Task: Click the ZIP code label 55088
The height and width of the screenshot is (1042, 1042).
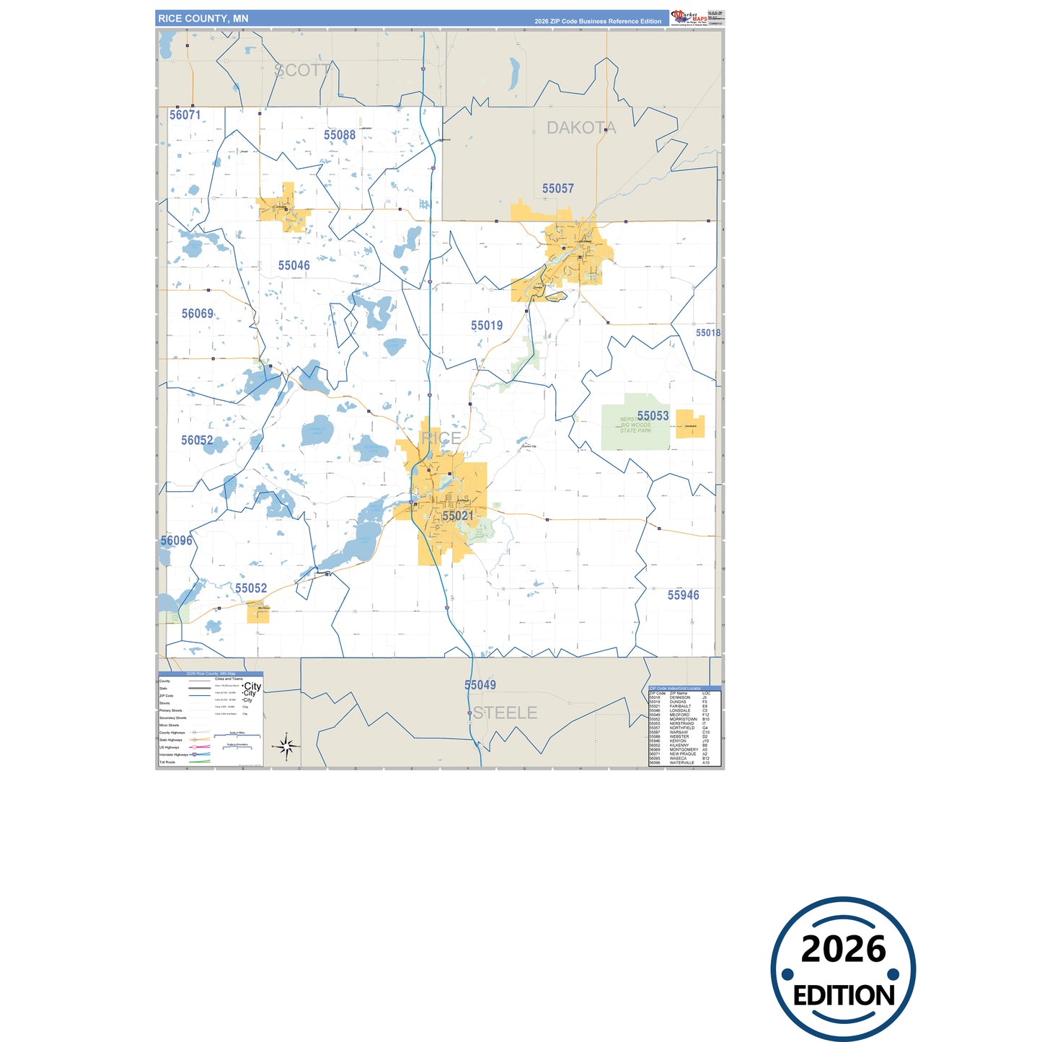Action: coord(339,135)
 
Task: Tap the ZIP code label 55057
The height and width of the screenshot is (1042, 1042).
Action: coord(557,188)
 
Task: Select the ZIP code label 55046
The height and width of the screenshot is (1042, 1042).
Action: coord(293,265)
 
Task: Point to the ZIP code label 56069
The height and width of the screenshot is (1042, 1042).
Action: coord(197,314)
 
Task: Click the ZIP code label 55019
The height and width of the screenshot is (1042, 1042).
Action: coord(486,325)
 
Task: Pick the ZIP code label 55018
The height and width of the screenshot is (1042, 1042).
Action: coord(707,332)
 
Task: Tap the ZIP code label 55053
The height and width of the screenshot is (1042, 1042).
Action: coord(653,415)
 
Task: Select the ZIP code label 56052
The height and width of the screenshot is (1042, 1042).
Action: coord(197,440)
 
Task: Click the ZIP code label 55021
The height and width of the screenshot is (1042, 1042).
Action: coord(458,516)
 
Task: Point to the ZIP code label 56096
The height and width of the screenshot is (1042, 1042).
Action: coord(176,540)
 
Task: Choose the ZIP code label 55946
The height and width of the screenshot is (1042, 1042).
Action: coord(683,595)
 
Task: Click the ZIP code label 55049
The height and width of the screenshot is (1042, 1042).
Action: coord(480,685)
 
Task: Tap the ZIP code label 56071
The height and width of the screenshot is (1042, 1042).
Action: coord(185,115)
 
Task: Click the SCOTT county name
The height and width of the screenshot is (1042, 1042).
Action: coord(302,70)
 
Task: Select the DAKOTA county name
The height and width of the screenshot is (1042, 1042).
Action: coord(581,128)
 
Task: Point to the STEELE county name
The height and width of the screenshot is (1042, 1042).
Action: coord(505,712)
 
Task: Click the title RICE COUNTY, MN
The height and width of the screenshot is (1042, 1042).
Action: coord(203,18)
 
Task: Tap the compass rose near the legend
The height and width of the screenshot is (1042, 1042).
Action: coord(286,746)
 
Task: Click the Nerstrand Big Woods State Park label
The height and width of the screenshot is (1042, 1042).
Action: coord(635,425)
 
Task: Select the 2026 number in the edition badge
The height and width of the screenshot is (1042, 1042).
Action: coord(843,949)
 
